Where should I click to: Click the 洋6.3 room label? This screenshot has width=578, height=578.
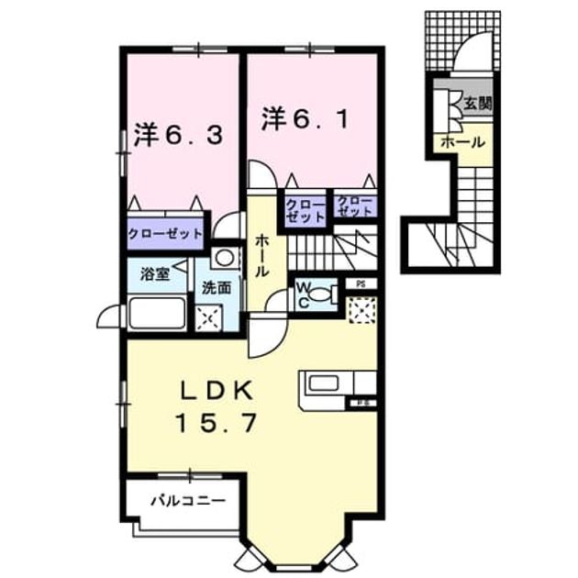[178, 135]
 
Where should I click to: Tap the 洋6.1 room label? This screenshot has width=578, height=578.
[306, 118]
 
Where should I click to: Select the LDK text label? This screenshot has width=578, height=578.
[217, 391]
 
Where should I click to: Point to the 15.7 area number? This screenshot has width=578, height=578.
[217, 423]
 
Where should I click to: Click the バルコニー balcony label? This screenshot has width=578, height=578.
[189, 501]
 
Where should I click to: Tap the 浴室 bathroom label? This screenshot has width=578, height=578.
[155, 274]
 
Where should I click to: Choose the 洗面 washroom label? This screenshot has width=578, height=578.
[217, 288]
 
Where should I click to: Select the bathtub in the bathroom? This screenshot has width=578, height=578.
[157, 313]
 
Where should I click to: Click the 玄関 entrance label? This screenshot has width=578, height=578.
[478, 104]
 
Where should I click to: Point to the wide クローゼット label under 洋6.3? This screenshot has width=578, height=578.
[165, 234]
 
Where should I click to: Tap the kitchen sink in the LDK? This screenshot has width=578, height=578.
[324, 383]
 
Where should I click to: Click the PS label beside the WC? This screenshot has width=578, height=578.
[361, 284]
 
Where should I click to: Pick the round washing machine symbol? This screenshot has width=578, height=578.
[224, 258]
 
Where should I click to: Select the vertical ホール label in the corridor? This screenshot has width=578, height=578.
[261, 256]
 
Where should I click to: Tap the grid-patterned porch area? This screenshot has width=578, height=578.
[462, 41]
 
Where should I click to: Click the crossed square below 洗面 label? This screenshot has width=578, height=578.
[208, 317]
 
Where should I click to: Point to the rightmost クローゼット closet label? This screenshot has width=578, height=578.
[355, 206]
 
